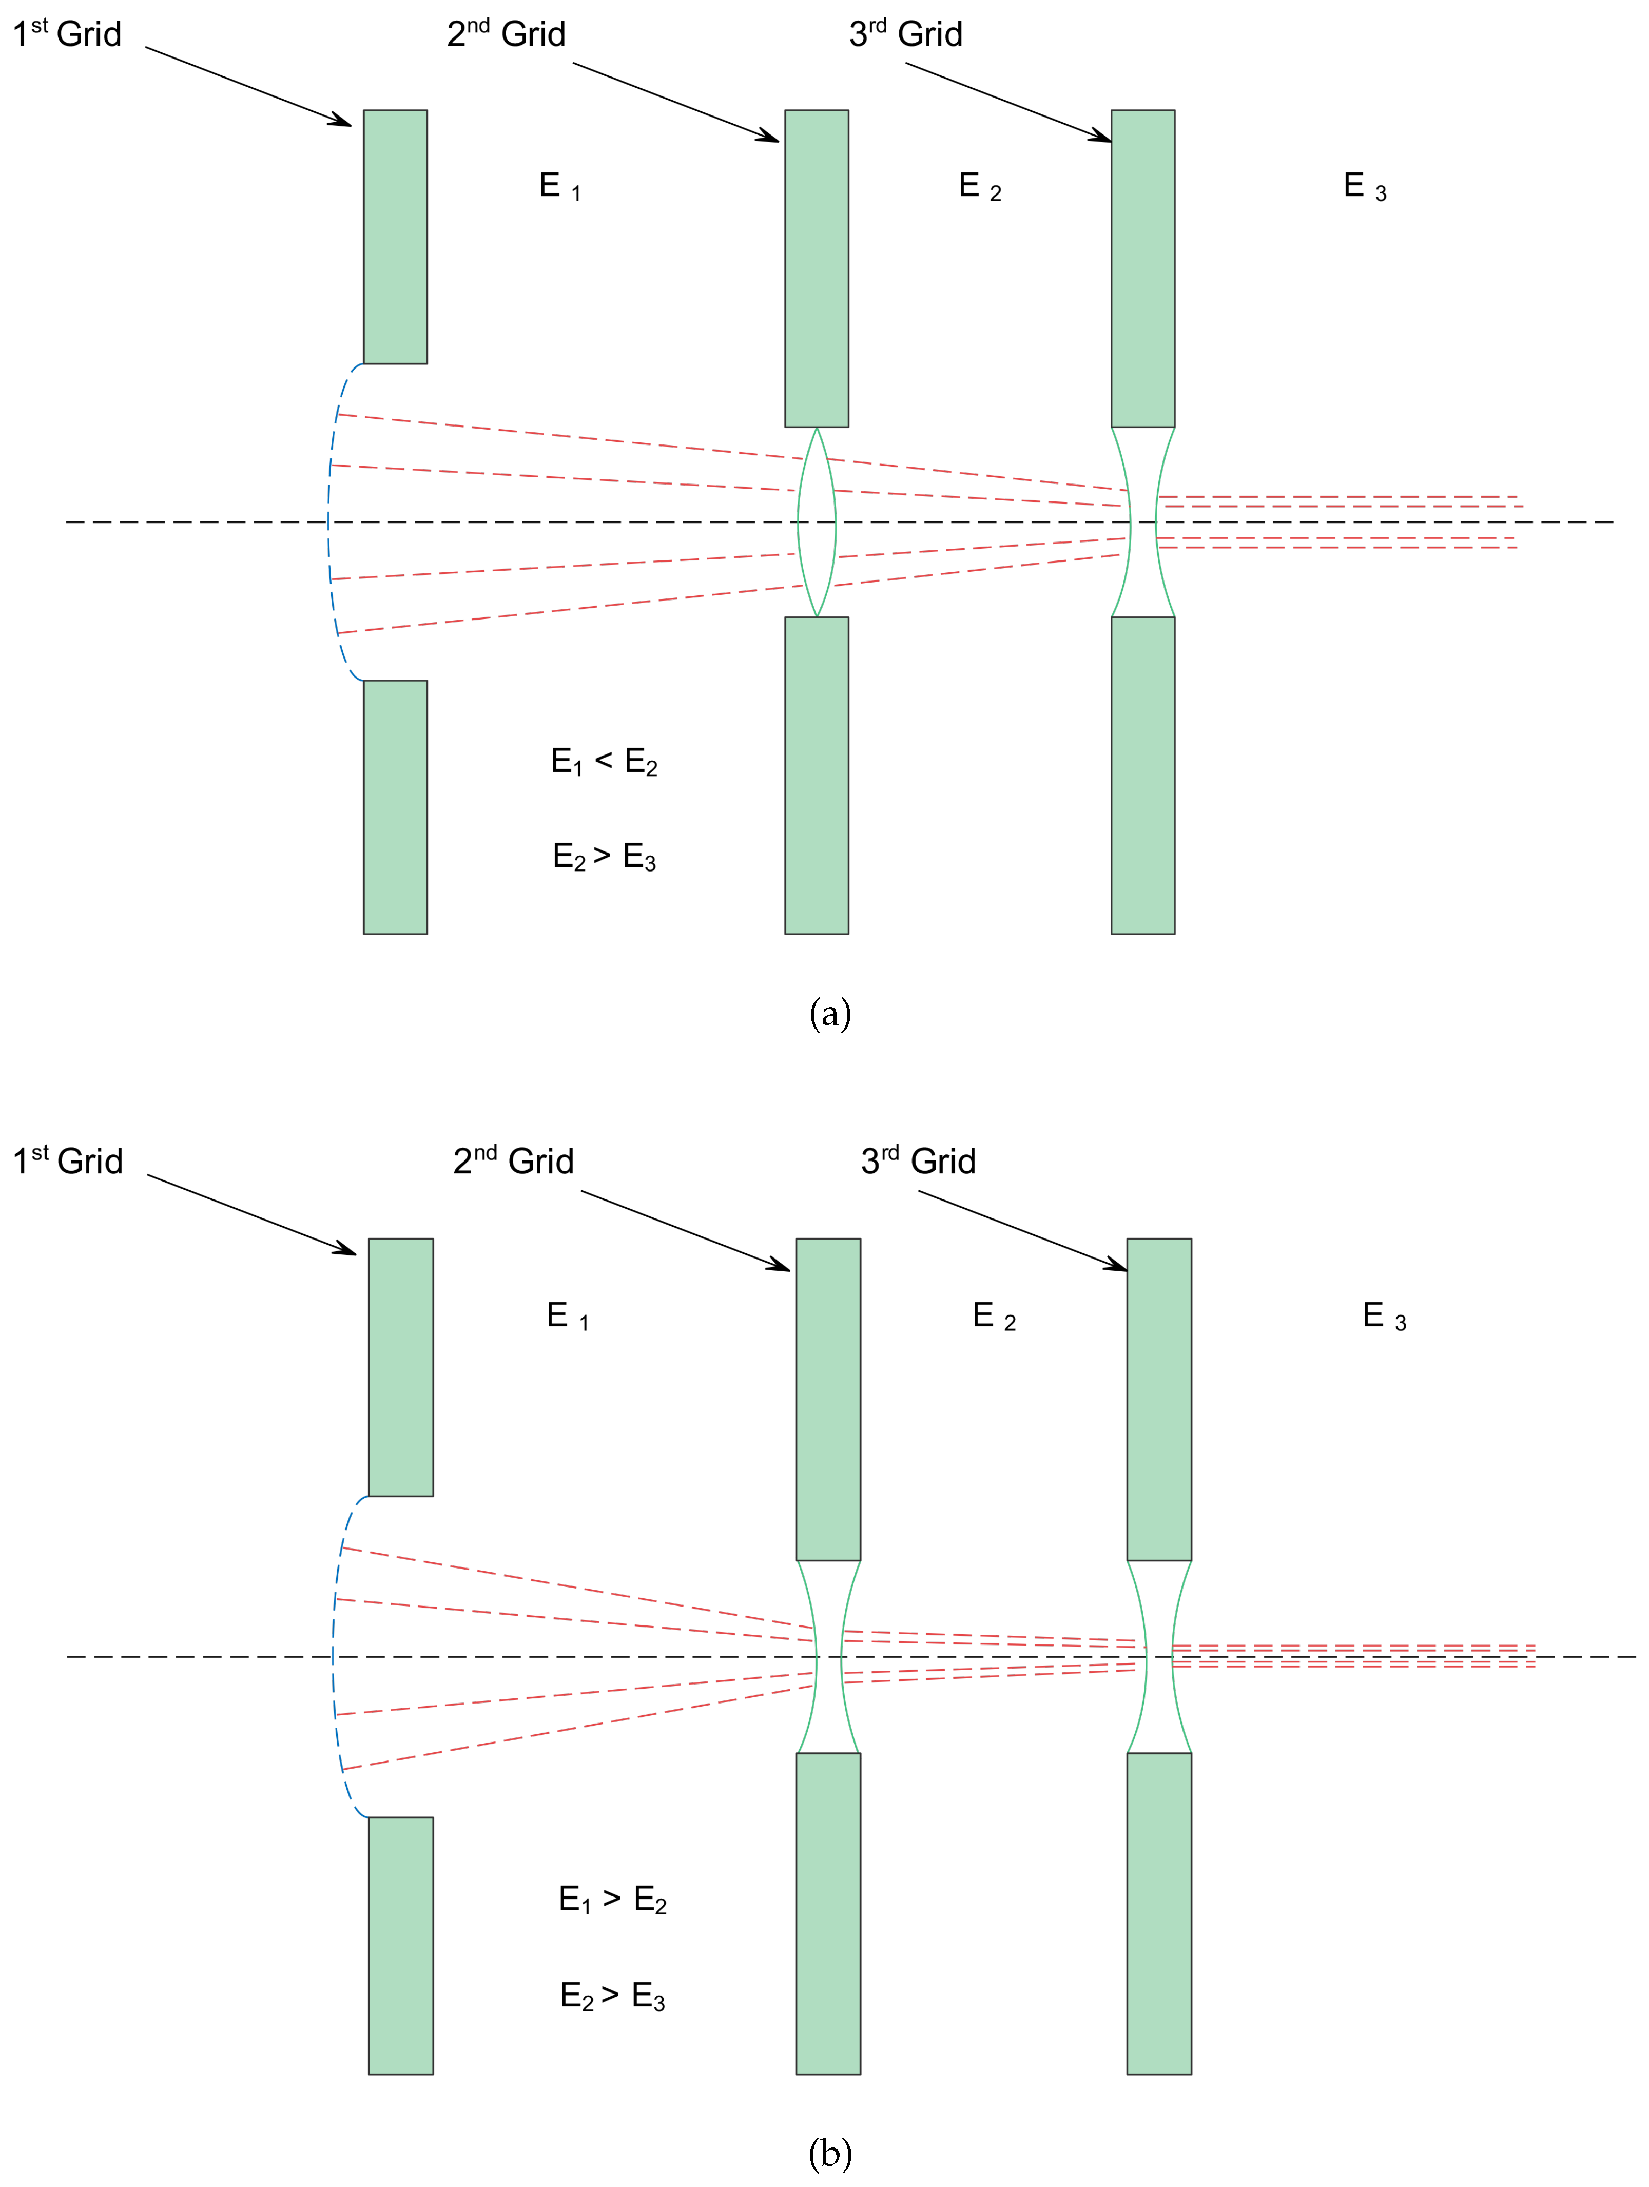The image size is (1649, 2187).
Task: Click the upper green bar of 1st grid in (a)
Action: [x=396, y=237]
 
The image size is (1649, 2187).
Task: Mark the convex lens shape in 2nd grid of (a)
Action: [x=817, y=522]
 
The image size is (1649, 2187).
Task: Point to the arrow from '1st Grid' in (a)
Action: [x=247, y=86]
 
